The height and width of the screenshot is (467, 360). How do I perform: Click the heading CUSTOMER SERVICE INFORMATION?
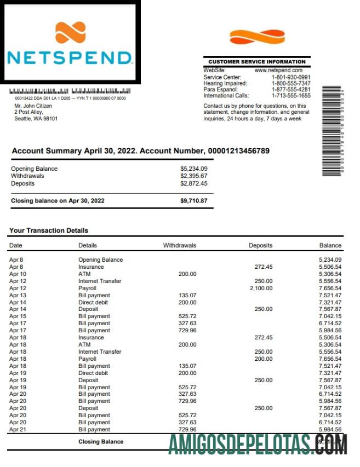pos(256,62)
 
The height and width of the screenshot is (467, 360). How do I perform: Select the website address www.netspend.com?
pos(279,71)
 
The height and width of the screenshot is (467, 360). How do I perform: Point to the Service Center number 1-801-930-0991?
pos(291,77)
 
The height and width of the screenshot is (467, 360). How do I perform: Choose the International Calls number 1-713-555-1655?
pos(291,95)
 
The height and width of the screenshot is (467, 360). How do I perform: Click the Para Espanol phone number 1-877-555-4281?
pos(291,89)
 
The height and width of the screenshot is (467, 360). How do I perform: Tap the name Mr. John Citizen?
pos(33,106)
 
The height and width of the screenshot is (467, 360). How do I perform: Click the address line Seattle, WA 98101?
pos(36,118)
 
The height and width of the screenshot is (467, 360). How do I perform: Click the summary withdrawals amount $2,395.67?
pos(194,176)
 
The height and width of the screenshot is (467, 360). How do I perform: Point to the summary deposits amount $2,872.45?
pos(194,183)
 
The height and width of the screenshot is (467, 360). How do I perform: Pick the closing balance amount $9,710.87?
pos(194,201)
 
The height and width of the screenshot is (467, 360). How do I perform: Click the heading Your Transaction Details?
pos(49,230)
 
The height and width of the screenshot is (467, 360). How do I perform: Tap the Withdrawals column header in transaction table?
pos(179,245)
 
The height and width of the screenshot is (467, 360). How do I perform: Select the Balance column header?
pos(330,245)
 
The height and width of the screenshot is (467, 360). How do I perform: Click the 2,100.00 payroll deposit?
pos(261,288)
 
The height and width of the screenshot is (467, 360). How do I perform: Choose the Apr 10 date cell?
pos(18,274)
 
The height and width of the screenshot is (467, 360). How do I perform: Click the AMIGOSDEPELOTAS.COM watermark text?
pos(258,445)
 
